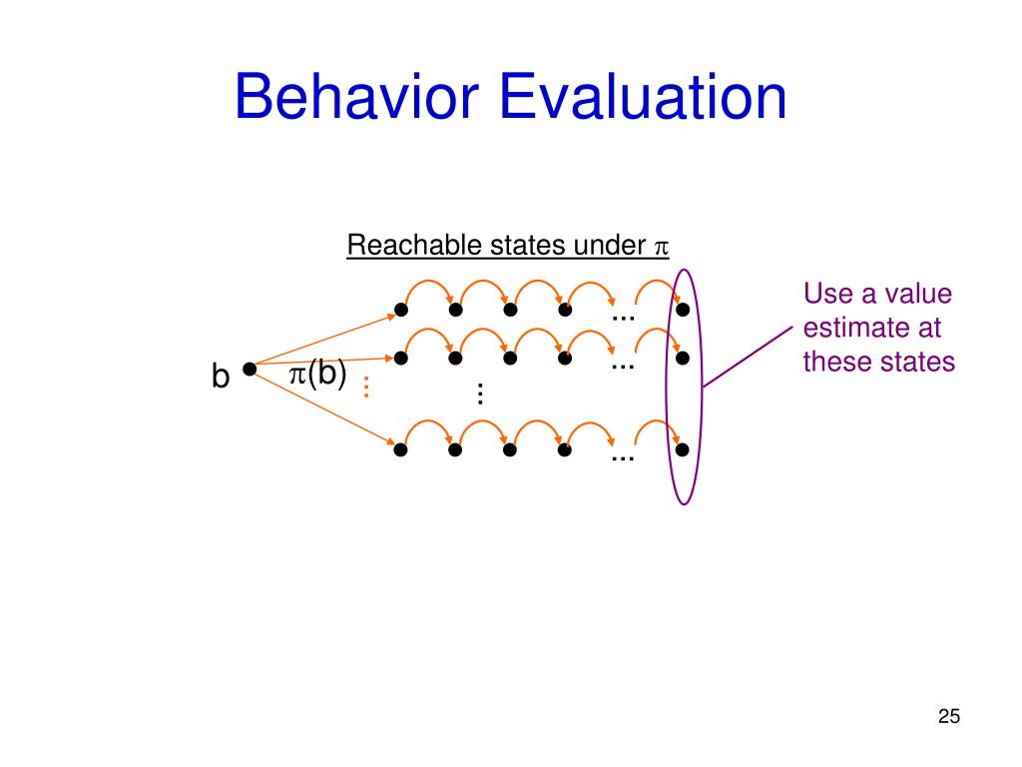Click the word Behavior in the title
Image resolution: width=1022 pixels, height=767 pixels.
click(x=356, y=98)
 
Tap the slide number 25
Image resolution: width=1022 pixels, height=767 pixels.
click(x=948, y=716)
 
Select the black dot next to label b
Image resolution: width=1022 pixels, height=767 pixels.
click(x=249, y=369)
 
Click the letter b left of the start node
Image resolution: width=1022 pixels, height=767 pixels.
click(x=220, y=377)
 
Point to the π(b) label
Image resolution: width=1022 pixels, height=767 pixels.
click(x=317, y=374)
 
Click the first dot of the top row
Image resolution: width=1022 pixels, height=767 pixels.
click(x=400, y=310)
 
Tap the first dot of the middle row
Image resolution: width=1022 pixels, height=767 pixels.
click(x=400, y=358)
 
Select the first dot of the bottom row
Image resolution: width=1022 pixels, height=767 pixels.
click(x=400, y=449)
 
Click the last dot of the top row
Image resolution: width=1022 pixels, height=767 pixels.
click(x=683, y=310)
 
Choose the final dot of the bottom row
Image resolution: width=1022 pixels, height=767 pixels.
click(x=683, y=449)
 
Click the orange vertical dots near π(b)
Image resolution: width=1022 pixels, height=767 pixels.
click(x=366, y=386)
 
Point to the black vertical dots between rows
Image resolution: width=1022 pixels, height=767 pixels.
click(x=480, y=393)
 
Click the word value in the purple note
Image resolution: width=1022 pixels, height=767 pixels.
click(x=918, y=295)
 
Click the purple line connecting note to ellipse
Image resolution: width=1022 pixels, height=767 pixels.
click(x=749, y=356)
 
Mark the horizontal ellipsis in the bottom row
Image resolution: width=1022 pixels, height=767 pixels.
click(x=623, y=457)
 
